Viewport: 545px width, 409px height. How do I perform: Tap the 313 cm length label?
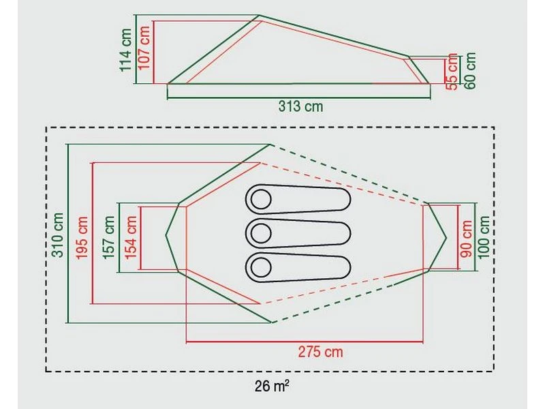300,106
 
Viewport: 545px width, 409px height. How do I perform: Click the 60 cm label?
470,68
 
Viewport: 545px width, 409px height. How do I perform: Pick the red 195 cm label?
82,234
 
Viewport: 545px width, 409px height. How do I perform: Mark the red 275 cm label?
320,352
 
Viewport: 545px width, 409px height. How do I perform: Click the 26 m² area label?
270,387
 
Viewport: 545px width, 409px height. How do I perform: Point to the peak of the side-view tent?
258,15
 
